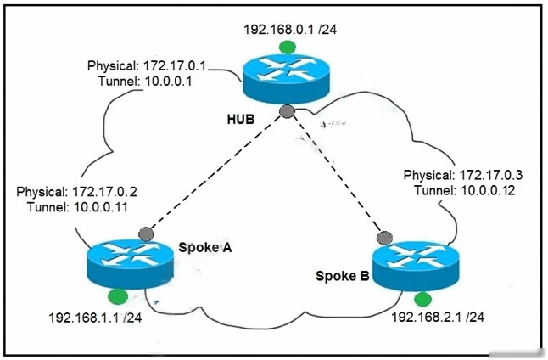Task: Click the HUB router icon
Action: tap(286, 79)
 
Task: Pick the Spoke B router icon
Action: tap(416, 267)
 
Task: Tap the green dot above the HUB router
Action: tap(287, 48)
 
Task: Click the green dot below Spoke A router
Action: tap(118, 297)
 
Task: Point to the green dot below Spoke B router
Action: tap(422, 300)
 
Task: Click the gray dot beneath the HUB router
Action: tap(288, 111)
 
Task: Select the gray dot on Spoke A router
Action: tap(146, 234)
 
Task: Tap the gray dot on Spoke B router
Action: tap(384, 238)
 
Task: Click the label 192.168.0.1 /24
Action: tap(290, 30)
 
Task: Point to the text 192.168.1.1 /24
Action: tap(95, 318)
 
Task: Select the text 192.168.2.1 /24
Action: tap(438, 317)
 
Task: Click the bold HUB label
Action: tap(241, 120)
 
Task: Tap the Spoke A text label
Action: tap(205, 247)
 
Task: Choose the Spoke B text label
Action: tap(343, 276)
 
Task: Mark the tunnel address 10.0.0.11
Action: tap(101, 207)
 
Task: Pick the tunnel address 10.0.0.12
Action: tap(488, 190)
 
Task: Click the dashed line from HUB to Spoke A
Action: tap(216, 173)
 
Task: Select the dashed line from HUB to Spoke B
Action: tap(336, 175)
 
